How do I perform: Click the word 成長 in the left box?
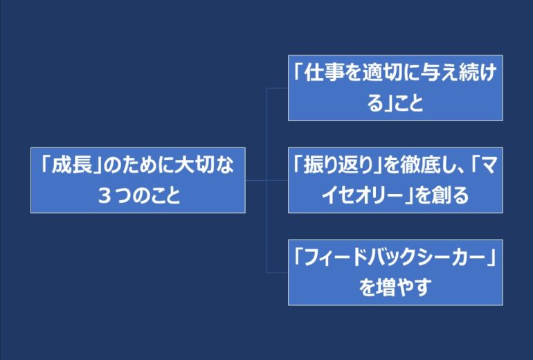72,165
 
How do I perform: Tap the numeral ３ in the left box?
104,196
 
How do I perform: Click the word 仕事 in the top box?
324,73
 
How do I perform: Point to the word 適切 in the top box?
382,73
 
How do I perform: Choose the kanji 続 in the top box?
469,73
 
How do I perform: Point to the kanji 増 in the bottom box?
385,288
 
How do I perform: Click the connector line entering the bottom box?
278,272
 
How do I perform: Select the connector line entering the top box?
278,88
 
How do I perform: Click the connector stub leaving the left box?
256,180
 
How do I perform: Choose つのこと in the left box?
147,196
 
